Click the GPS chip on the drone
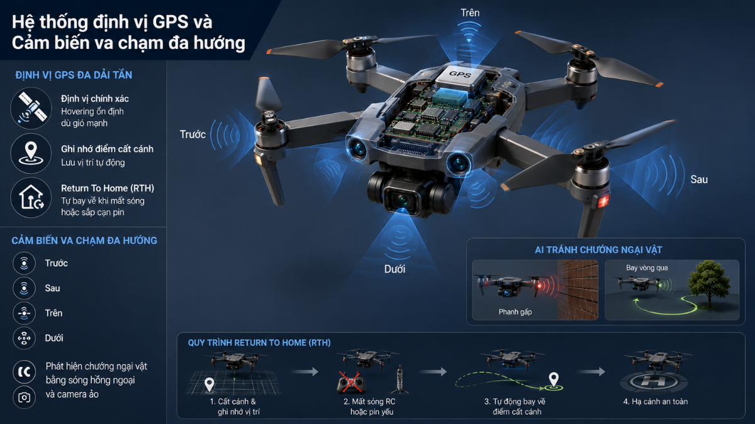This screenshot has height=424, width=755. (461, 78)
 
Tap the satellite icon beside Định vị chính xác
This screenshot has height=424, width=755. (31, 108)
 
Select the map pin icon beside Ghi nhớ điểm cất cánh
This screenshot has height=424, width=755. (31, 153)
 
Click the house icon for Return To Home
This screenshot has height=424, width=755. (31, 197)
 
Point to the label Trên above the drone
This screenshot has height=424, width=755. (470, 13)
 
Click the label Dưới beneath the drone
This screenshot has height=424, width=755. (394, 269)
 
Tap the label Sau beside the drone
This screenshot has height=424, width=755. (699, 180)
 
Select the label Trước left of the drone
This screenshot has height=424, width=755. (193, 134)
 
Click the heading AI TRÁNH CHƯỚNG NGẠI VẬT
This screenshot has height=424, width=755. (598, 250)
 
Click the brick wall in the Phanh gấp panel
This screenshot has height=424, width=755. (578, 290)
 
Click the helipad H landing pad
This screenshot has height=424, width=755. (654, 381)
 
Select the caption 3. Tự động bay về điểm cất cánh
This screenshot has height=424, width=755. (515, 406)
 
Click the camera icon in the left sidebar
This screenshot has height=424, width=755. (24, 398)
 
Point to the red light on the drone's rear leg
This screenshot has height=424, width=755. (603, 202)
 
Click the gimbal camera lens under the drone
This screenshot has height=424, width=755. (404, 201)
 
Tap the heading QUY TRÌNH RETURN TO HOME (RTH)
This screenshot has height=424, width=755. (259, 342)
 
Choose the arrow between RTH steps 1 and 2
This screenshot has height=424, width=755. (305, 371)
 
